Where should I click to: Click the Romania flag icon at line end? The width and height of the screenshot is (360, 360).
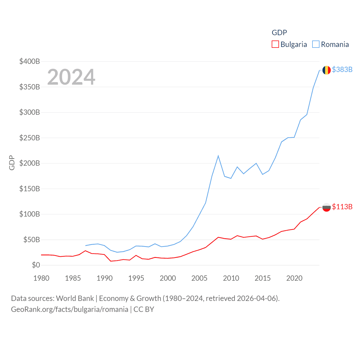326,70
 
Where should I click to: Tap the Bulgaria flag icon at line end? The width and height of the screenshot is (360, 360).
326,207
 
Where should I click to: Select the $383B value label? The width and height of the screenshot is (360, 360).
342,69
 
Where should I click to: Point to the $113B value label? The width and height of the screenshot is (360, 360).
342,207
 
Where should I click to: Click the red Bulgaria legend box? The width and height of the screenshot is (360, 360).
275,44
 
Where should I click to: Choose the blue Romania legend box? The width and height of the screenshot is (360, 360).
316,44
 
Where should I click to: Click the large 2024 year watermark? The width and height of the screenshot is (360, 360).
71,77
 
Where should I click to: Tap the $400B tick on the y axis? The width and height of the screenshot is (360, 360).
30,61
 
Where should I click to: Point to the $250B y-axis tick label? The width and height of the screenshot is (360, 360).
30,138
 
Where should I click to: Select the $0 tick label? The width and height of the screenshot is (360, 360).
36,265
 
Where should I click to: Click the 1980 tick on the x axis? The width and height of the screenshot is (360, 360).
41,278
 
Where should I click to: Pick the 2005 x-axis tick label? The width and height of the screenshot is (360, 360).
199,278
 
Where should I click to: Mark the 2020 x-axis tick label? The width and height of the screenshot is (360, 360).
294,278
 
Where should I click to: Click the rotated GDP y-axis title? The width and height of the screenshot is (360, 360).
12,163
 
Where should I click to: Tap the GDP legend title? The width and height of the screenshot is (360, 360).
279,33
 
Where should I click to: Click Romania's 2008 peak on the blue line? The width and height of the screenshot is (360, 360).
218,156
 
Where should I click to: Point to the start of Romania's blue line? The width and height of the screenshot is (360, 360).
85,246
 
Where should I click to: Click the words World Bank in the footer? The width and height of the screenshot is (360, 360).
75,298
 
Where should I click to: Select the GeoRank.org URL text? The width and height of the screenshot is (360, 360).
69,309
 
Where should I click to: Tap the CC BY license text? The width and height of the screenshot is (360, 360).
144,309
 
